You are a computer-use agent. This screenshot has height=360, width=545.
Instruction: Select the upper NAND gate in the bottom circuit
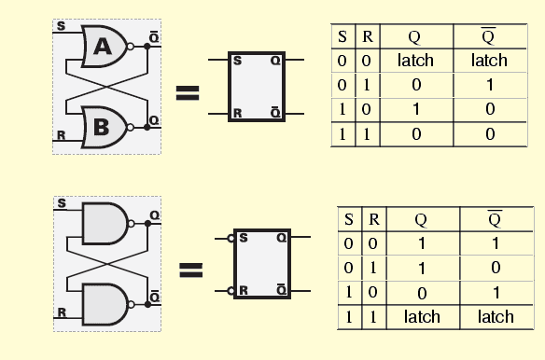(x=105, y=224)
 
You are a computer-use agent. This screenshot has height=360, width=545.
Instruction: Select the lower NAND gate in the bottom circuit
(x=105, y=304)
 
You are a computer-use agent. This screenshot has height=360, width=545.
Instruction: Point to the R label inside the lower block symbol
(x=243, y=291)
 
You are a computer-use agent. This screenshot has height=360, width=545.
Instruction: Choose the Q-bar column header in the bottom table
(x=495, y=220)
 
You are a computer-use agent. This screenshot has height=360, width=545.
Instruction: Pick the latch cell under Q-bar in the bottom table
(x=495, y=317)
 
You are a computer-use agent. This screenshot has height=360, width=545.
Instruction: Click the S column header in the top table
(x=342, y=37)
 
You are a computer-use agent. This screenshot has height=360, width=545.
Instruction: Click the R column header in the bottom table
(x=373, y=220)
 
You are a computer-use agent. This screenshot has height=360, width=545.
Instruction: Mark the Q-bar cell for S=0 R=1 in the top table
(x=488, y=85)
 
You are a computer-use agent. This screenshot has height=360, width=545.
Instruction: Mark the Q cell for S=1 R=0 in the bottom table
(x=421, y=293)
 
